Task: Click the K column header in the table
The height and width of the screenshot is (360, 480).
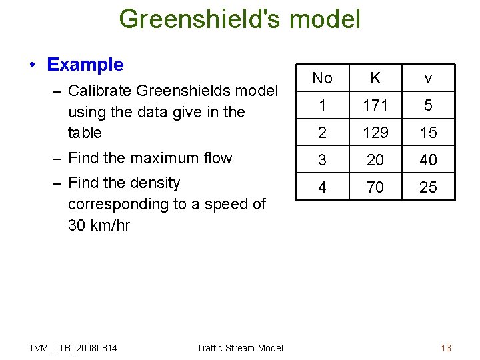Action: pos(375,78)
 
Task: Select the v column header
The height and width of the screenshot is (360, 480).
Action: pos(428,78)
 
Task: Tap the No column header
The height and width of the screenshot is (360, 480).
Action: pos(322,78)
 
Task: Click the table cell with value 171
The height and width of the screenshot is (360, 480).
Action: pos(375,105)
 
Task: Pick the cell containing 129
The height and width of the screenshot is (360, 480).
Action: pos(375,133)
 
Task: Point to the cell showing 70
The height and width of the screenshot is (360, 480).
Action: pos(375,187)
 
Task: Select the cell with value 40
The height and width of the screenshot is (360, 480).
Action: pos(428,160)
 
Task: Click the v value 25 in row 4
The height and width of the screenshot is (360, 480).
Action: pos(428,187)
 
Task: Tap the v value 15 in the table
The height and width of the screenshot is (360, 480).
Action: pos(428,133)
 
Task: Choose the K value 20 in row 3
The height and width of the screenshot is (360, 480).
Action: pos(375,160)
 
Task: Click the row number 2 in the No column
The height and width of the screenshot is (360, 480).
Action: pos(322,133)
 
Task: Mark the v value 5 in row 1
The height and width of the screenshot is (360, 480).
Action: pos(428,105)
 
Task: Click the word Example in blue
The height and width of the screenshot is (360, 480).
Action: pos(85,65)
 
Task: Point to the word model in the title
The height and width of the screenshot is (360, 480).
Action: pos(326,19)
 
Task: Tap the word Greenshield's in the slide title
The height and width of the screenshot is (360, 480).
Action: pos(201,19)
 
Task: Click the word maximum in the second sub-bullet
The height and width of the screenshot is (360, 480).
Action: pos(168,158)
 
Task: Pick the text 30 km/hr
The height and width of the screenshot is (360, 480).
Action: pos(99,225)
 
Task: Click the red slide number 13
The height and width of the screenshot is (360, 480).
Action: pos(446,348)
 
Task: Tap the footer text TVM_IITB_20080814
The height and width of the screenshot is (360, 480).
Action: pos(73,348)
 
